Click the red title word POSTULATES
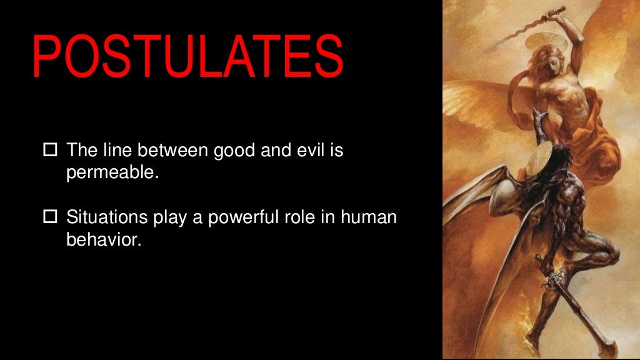tap(187, 56)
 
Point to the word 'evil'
tap(307, 150)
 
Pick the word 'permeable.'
tap(113, 173)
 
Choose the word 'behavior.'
tap(104, 240)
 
